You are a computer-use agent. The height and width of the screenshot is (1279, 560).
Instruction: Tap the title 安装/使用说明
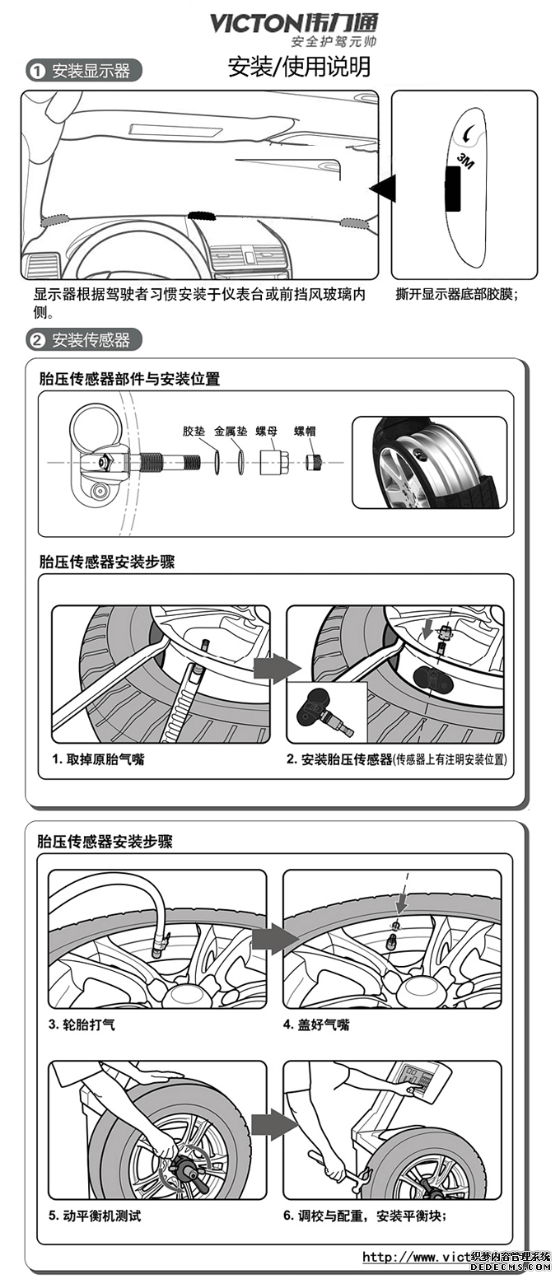[299, 67]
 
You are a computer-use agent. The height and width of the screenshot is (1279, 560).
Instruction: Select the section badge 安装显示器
[83, 71]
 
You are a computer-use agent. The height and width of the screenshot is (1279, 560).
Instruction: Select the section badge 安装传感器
[83, 339]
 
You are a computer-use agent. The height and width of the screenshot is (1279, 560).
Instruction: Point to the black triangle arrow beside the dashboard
[383, 189]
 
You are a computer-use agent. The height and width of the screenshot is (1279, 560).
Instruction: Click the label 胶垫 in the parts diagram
[194, 431]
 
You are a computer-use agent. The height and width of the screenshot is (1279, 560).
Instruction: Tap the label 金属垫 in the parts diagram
[231, 431]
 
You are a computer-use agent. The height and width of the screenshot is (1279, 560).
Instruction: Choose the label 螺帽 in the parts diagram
[305, 431]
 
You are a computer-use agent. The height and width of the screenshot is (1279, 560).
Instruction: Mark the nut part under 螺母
[271, 462]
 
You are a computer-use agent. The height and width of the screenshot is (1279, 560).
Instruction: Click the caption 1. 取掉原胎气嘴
[98, 759]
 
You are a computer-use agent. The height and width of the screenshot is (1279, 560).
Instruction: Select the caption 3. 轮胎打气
[82, 1025]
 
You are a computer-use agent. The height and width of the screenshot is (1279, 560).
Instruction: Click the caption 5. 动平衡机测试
[94, 1216]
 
